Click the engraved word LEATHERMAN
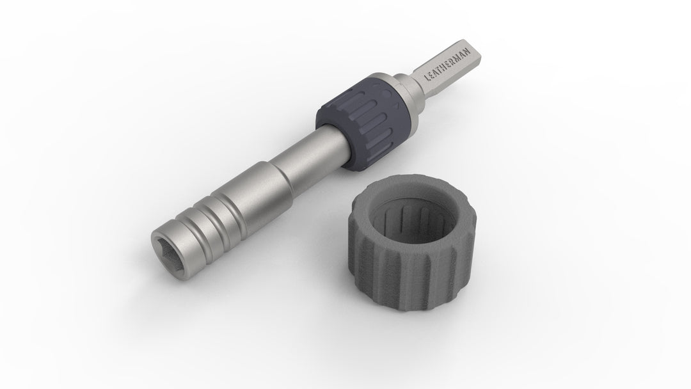click(447, 64)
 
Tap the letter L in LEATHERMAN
click(427, 78)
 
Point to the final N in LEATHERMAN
click(468, 51)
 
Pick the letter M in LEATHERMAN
click(458, 57)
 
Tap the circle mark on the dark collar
click(387, 94)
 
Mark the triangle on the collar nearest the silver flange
click(396, 106)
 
